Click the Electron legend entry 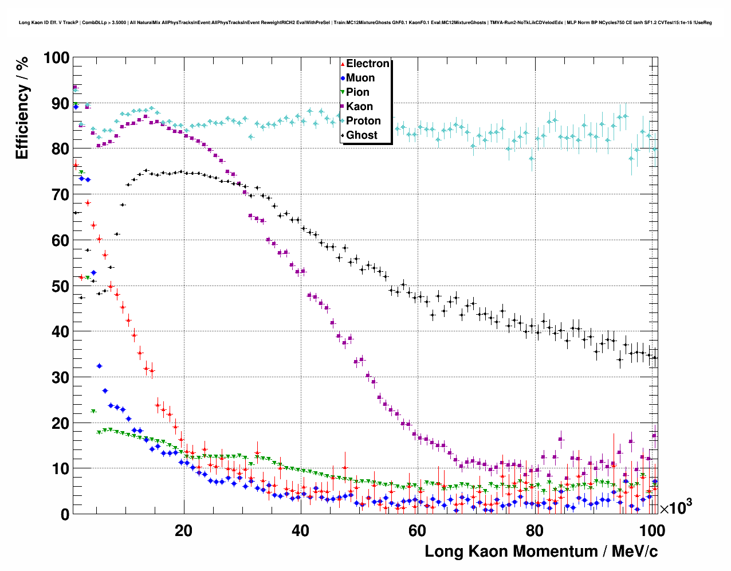[367, 64]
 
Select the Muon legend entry [360, 78]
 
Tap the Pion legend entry [357, 92]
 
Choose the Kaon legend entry [359, 107]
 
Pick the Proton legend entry [363, 121]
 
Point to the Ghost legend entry [361, 135]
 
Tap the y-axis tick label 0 [65, 514]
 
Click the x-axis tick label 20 [183, 530]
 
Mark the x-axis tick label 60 [418, 530]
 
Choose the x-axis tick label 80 [535, 530]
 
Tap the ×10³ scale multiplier [675, 508]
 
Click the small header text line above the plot [365, 22]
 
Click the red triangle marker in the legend [343, 64]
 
